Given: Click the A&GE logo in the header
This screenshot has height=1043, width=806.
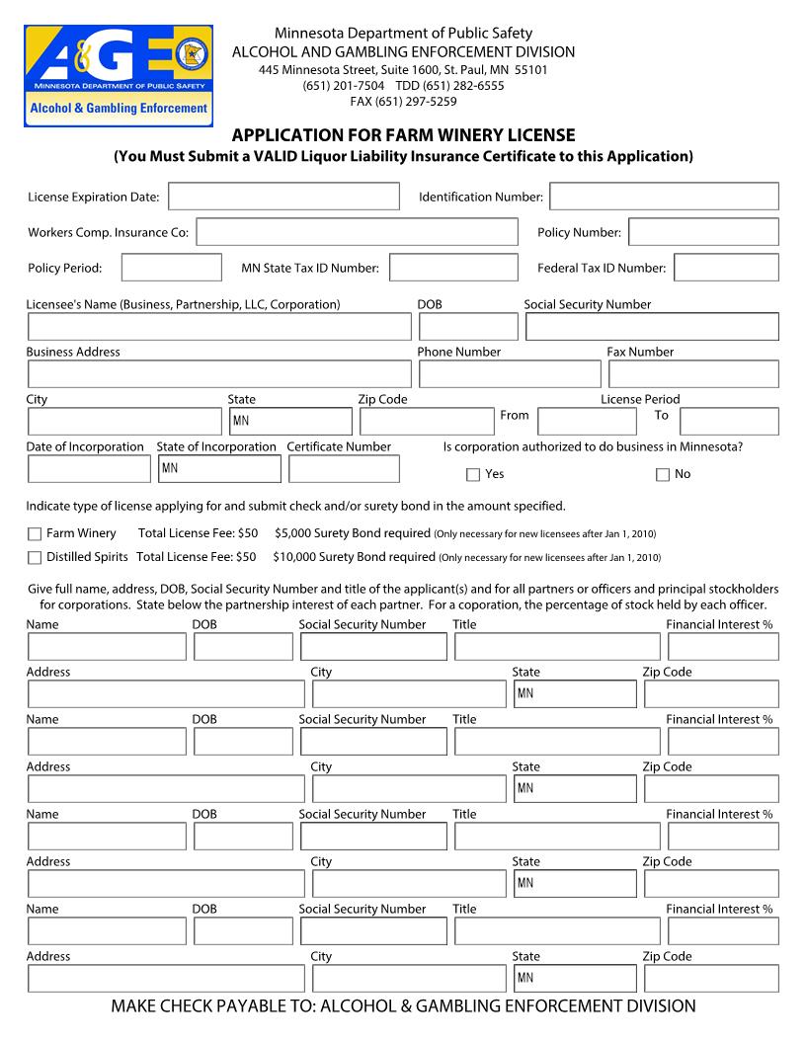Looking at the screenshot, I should pyautogui.click(x=119, y=76).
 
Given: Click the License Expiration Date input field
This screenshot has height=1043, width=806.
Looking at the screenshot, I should pyautogui.click(x=283, y=197).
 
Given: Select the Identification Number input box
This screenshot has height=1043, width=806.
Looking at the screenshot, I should pyautogui.click(x=664, y=197).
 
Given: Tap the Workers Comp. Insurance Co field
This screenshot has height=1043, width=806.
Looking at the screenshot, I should pyautogui.click(x=357, y=232).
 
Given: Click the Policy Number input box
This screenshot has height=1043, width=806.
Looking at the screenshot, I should pyautogui.click(x=703, y=232).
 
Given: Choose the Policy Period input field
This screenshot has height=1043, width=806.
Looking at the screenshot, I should pyautogui.click(x=172, y=268).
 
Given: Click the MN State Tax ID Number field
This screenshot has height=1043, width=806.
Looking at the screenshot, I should pyautogui.click(x=453, y=268).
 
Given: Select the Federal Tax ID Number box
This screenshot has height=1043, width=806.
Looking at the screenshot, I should pyautogui.click(x=726, y=268).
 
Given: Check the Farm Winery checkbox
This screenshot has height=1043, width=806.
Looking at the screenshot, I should pyautogui.click(x=35, y=534).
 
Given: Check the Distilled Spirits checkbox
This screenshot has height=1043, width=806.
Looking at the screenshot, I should pyautogui.click(x=35, y=558).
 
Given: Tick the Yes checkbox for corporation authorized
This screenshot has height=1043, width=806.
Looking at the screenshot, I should pyautogui.click(x=473, y=475).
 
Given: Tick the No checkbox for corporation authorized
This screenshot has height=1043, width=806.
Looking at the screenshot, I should pyautogui.click(x=663, y=475).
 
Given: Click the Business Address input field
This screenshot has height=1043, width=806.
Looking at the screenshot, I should pyautogui.click(x=219, y=374).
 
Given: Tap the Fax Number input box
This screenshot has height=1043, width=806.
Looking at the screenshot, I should pyautogui.click(x=693, y=374).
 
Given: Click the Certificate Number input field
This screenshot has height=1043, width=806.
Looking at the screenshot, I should pyautogui.click(x=344, y=469).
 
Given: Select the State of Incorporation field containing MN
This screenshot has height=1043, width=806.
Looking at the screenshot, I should pyautogui.click(x=218, y=469).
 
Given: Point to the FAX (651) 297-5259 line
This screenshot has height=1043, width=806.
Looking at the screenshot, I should pyautogui.click(x=403, y=101).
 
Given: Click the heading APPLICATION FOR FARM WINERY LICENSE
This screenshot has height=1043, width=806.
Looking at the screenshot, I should pyautogui.click(x=403, y=135).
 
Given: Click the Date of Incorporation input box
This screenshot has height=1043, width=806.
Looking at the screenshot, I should pyautogui.click(x=89, y=469).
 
